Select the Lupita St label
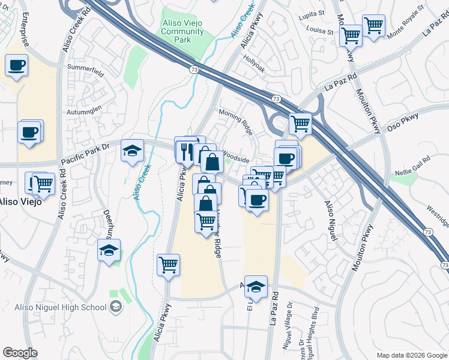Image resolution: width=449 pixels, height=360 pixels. pos(312,13)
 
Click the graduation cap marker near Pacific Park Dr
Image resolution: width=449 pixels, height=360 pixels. pos(132,151)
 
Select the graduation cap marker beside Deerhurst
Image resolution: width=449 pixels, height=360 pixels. pos(109,250)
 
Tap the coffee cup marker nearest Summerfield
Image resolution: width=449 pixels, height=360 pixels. pos(17,65)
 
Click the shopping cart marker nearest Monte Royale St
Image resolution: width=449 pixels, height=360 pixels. pos(373,26)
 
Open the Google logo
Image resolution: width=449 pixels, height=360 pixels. pos(20,353)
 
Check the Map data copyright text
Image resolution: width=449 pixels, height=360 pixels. pos(412,355)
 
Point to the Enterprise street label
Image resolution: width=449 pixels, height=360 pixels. pos(25,30)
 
